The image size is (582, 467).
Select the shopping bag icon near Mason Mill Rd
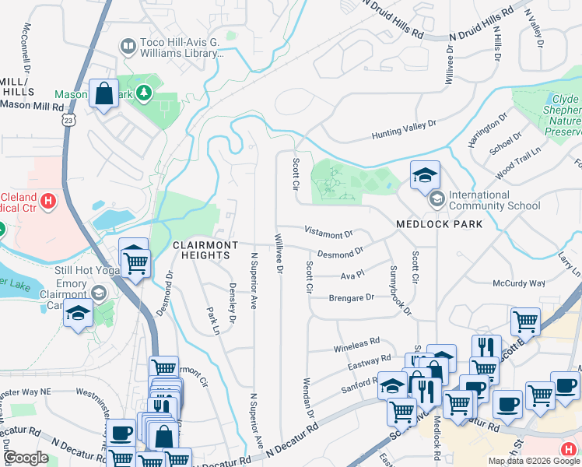(103, 95)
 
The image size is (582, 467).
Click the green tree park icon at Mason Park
(142, 94)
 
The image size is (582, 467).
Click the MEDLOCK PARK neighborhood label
(439, 224)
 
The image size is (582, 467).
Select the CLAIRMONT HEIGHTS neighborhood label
(205, 250)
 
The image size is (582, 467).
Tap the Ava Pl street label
(347, 276)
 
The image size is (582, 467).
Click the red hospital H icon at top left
(48, 202)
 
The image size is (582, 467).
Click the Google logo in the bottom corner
(26, 458)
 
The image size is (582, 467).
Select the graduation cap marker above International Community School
(425, 177)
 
